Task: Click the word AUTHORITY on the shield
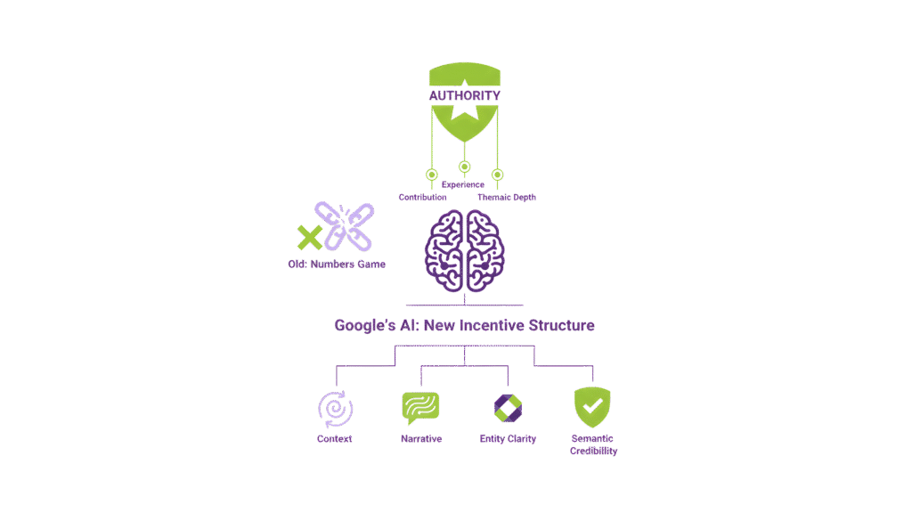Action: pos(465,95)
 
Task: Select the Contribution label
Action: pos(422,197)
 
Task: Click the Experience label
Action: pos(463,184)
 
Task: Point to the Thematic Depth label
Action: pos(507,197)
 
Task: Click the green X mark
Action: pos(309,236)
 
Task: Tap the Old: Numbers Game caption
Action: pos(330,265)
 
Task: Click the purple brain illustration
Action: pos(465,248)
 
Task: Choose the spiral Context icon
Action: pos(335,409)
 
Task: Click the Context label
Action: pos(335,439)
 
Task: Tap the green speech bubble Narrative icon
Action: pos(420,408)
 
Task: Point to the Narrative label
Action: pos(420,439)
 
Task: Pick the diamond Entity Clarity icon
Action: pos(508,408)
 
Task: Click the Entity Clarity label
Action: pos(508,439)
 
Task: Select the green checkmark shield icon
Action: pos(592,407)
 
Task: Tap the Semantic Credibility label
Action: pos(592,444)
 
